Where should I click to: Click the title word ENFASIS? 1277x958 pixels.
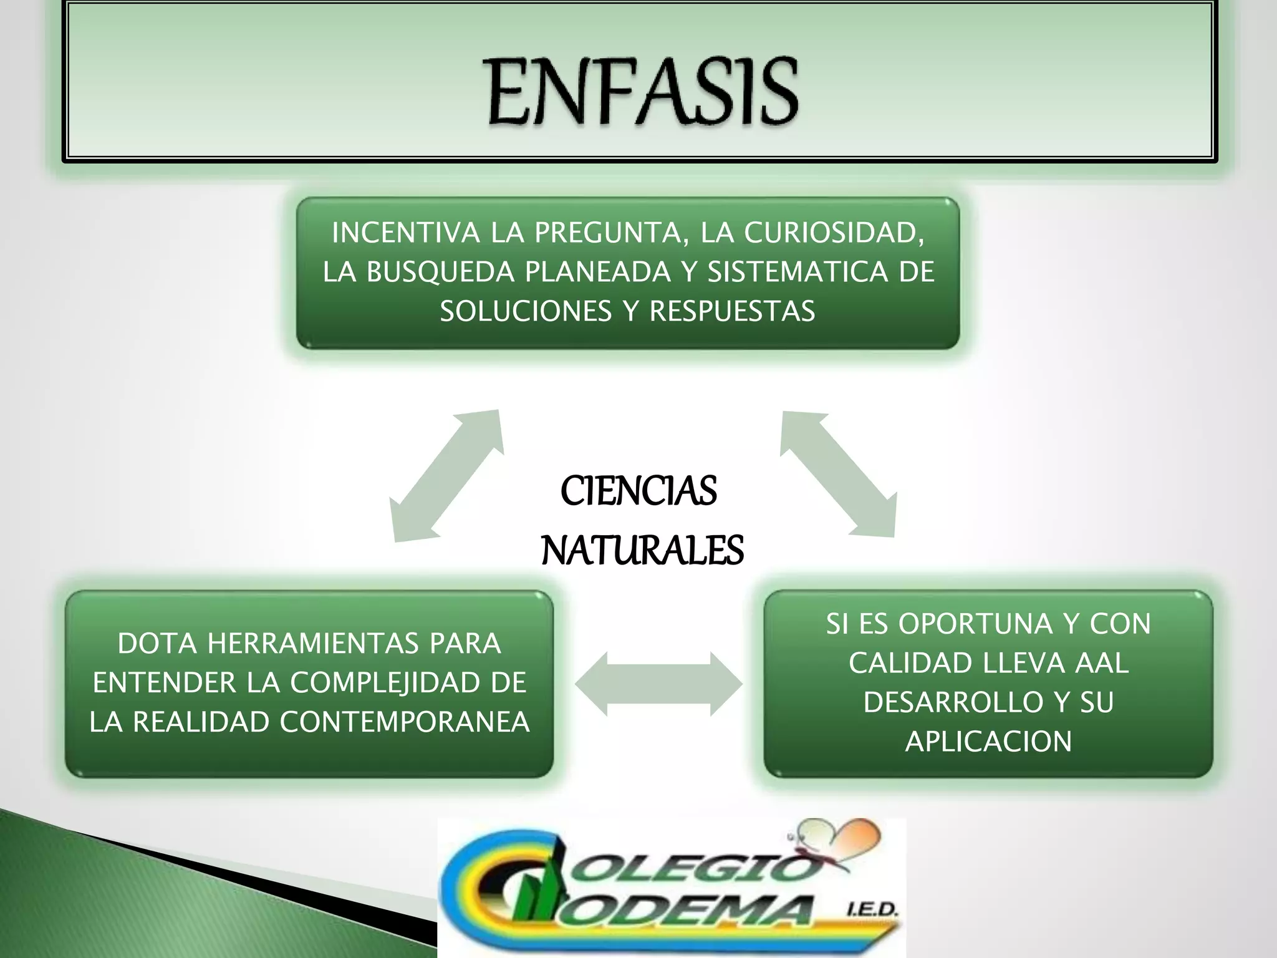tap(642, 92)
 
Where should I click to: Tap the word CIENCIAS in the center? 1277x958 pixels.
tap(638, 491)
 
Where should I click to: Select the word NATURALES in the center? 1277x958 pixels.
tap(642, 551)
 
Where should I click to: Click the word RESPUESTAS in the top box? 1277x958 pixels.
tap(732, 311)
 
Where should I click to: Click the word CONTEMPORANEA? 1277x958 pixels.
tap(405, 722)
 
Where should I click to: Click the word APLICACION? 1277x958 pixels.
tap(988, 742)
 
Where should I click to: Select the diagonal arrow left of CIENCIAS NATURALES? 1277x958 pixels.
tap(446, 476)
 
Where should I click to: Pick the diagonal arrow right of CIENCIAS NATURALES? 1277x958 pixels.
tap(839, 473)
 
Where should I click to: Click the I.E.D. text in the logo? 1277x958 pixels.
tap(872, 911)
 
